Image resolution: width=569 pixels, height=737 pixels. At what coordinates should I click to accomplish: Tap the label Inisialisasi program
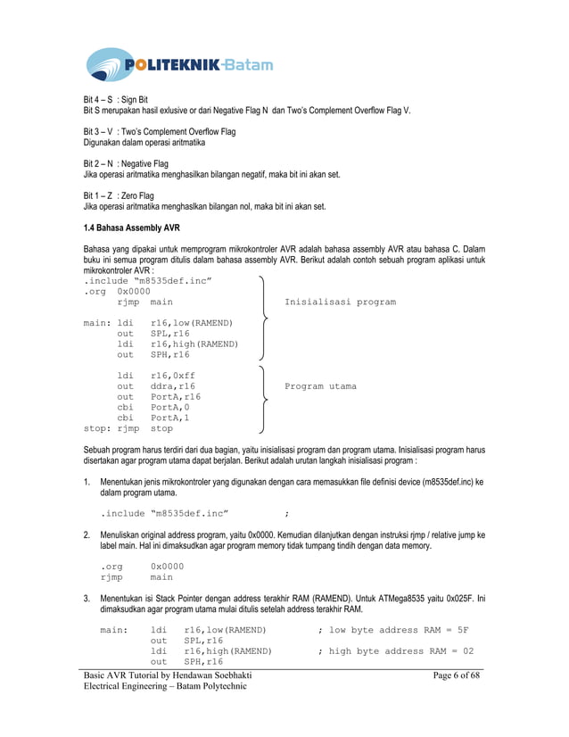point(340,302)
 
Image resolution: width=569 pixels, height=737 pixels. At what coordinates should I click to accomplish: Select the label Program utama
point(320,386)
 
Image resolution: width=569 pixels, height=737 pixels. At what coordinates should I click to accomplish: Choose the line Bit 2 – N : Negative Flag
point(126,163)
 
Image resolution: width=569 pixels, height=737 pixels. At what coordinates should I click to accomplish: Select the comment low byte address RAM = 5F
point(395,630)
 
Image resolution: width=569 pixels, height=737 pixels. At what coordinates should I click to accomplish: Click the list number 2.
point(87,535)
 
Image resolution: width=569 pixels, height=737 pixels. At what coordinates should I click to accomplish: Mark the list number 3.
point(87,598)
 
